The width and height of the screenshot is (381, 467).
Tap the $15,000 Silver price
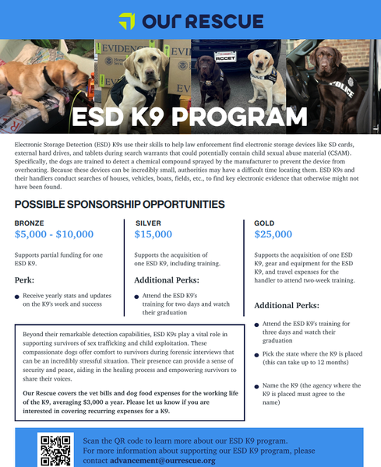pyautogui.click(x=153, y=234)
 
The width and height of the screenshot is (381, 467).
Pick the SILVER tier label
pyautogui.click(x=148, y=223)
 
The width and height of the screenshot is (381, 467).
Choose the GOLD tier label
pyautogui.click(x=265, y=223)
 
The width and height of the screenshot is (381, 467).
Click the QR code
pyautogui.click(x=56, y=449)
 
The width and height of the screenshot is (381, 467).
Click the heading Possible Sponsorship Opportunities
pyautogui.click(x=119, y=205)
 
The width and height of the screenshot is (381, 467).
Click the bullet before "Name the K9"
pyautogui.click(x=258, y=387)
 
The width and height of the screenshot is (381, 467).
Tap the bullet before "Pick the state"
pyautogui.click(x=258, y=353)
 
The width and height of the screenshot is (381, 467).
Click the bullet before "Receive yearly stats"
pyautogui.click(x=18, y=297)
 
